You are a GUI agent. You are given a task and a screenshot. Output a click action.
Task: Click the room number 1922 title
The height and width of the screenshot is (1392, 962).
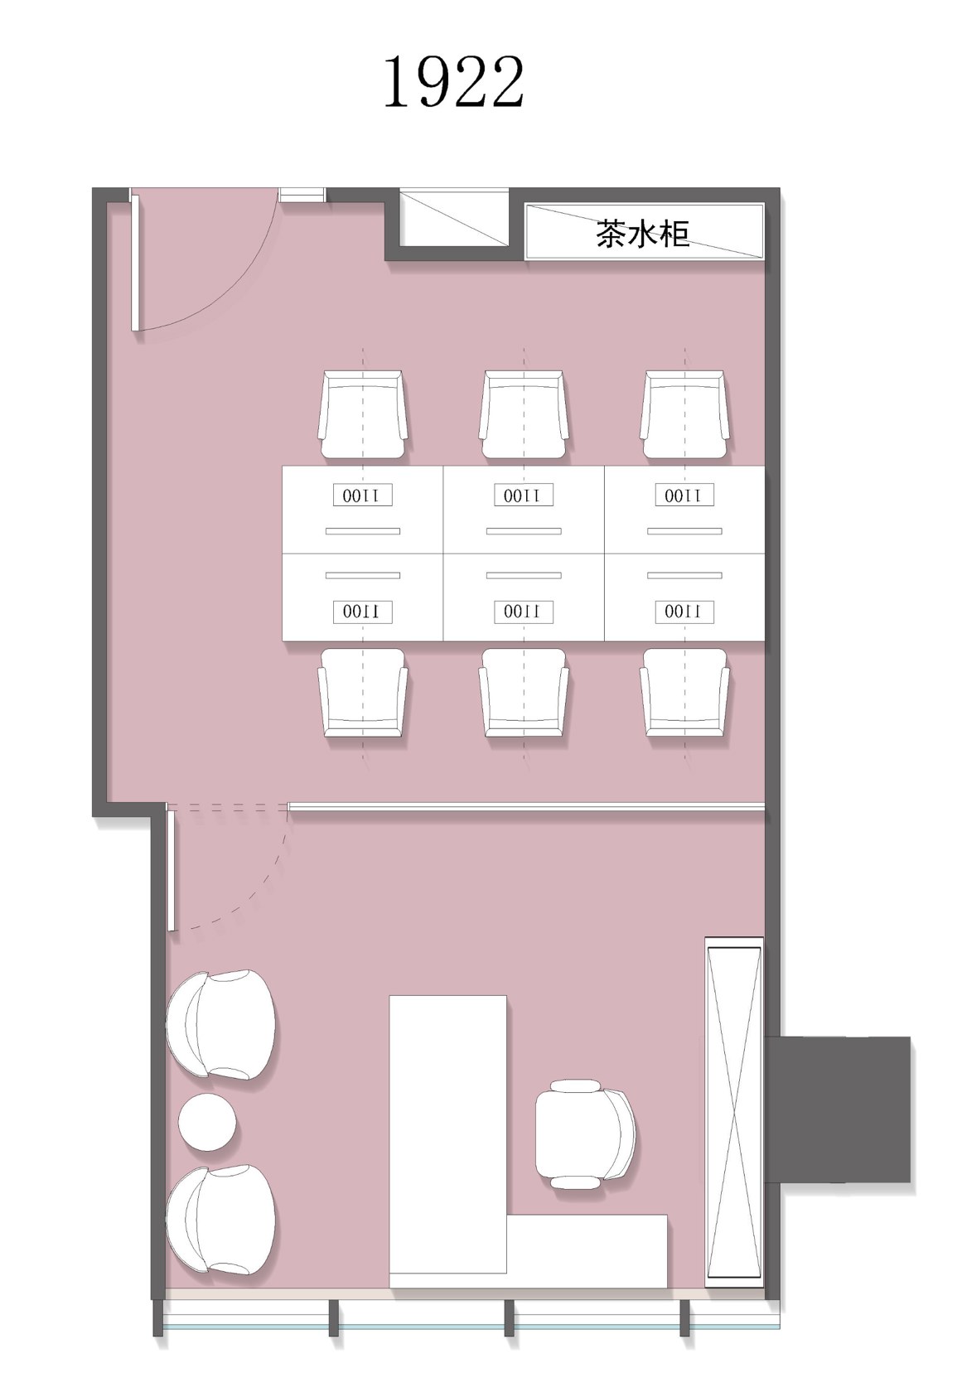[453, 83]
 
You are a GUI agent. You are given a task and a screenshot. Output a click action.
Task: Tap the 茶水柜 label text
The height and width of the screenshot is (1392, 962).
[642, 234]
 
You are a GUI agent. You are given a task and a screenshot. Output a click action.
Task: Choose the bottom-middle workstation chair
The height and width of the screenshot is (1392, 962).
[524, 693]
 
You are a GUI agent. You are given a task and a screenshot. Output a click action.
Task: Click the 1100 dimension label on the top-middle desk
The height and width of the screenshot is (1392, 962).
[524, 495]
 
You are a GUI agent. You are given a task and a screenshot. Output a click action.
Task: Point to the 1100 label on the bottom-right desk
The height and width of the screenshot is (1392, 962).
[684, 611]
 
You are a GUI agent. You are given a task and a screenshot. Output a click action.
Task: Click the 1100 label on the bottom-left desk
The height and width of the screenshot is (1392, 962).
[362, 611]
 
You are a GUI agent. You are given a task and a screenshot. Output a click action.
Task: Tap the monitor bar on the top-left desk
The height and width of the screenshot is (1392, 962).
[363, 531]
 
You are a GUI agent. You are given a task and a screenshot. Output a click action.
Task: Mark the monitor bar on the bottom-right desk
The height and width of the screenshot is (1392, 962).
[684, 575]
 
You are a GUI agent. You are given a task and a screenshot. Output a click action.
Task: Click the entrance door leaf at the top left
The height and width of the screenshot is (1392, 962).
[134, 262]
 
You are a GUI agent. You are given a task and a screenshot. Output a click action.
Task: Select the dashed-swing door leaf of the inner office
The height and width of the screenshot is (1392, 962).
[171, 868]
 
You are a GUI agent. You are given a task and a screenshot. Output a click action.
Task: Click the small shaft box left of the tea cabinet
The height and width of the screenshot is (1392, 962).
[454, 217]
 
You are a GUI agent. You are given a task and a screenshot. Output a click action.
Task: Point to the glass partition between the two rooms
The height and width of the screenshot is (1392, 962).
[526, 807]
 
